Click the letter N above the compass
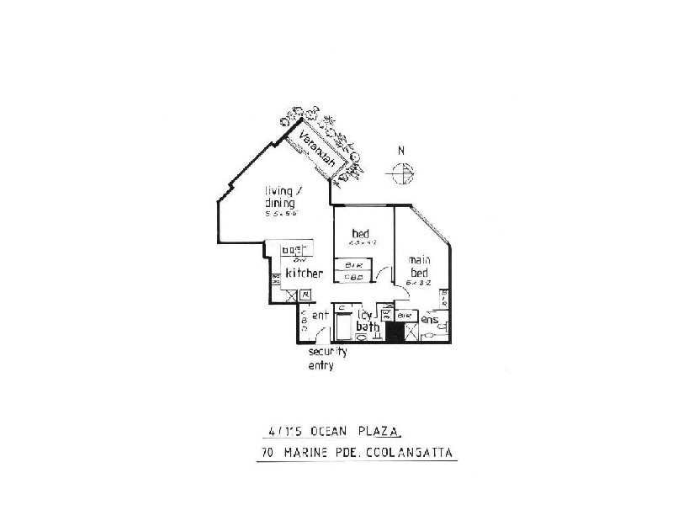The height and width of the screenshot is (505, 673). (x=402, y=151)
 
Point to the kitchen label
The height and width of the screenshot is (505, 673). (x=305, y=274)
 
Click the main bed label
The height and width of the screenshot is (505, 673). (x=419, y=266)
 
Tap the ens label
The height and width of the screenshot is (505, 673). (x=429, y=319)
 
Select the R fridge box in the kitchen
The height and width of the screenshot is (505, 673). (x=305, y=294)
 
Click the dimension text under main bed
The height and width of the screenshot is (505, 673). (x=420, y=284)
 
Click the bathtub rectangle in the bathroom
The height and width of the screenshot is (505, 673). (x=344, y=324)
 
